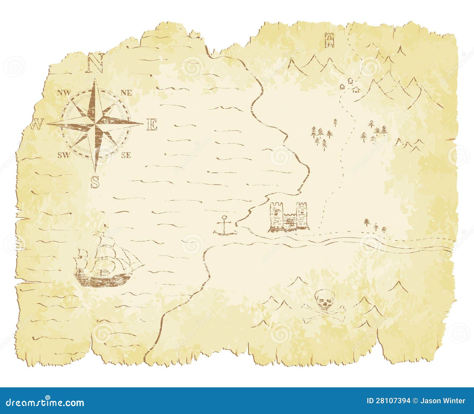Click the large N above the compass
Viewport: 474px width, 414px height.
point(95,63)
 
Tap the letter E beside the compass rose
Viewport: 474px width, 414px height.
point(152,125)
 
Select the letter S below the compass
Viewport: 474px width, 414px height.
point(95,182)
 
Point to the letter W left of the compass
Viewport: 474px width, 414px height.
point(37,125)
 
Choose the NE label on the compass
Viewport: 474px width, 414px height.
point(126,93)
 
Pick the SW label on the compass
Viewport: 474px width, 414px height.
point(64,155)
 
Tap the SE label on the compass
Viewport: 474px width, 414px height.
point(126,155)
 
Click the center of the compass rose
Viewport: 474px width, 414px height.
point(95,123)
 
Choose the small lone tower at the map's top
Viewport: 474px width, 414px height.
point(329,40)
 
